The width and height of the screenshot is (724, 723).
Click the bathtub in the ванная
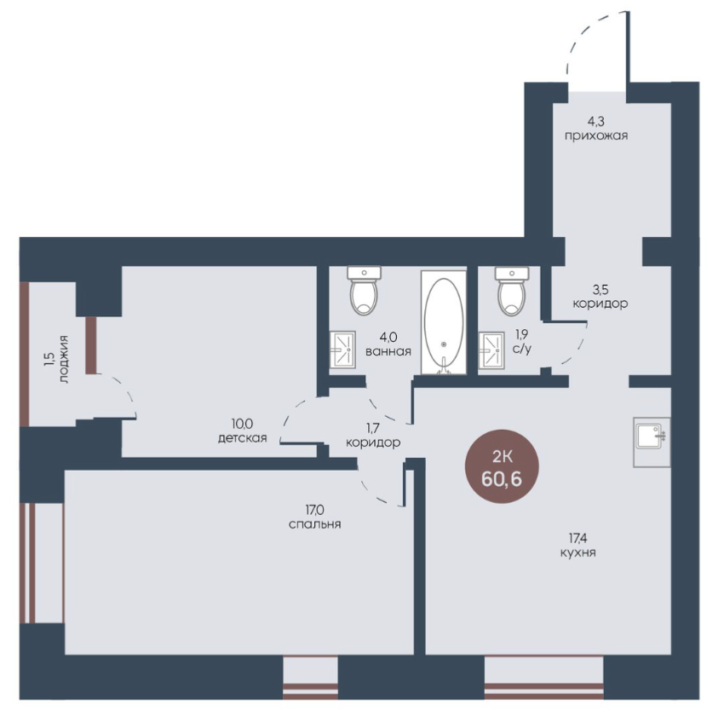tap(444, 322)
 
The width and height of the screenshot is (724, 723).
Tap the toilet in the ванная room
tap(364, 291)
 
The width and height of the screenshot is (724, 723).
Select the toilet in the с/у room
tap(511, 291)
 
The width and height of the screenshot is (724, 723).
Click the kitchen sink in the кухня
tap(652, 442)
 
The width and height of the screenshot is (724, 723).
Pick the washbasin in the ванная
tap(342, 350)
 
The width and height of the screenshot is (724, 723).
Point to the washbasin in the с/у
tap(491, 350)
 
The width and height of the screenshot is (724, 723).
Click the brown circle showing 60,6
tap(502, 466)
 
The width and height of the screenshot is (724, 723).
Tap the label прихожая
tap(595, 136)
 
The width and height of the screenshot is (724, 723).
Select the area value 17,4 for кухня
tap(577, 538)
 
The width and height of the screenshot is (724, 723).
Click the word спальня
tap(315, 524)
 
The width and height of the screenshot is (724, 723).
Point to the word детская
tap(243, 437)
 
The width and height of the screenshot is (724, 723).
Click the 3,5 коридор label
tap(600, 297)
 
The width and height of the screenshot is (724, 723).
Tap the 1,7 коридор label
tap(373, 436)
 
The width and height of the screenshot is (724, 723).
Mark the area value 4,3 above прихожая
tap(595, 122)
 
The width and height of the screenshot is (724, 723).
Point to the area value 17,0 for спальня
tap(314, 510)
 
